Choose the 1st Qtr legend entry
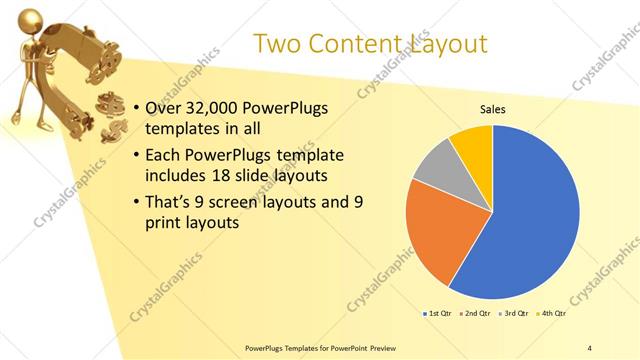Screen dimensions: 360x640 click(437, 314)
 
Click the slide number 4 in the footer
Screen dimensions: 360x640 click(589, 348)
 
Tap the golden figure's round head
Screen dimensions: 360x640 click(31, 18)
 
